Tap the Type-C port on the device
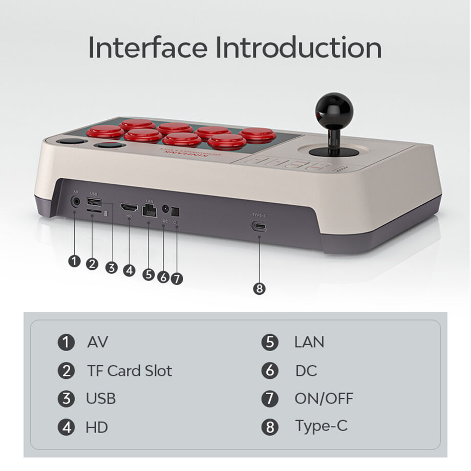[x=259, y=227]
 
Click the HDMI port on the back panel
[x=129, y=208]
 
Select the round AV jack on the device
[x=76, y=201]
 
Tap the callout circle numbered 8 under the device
[x=260, y=289]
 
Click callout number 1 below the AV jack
[x=75, y=261]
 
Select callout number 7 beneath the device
[x=177, y=279]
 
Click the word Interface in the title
[x=148, y=48]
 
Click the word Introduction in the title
[x=298, y=48]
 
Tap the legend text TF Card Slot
[x=130, y=371]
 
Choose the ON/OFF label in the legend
[x=324, y=398]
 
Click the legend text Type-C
[x=320, y=425]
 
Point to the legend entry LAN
[x=309, y=342]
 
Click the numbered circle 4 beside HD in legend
[x=66, y=427]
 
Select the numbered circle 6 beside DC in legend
[x=270, y=371]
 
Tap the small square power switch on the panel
[x=175, y=210]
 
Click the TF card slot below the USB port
[x=94, y=211]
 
